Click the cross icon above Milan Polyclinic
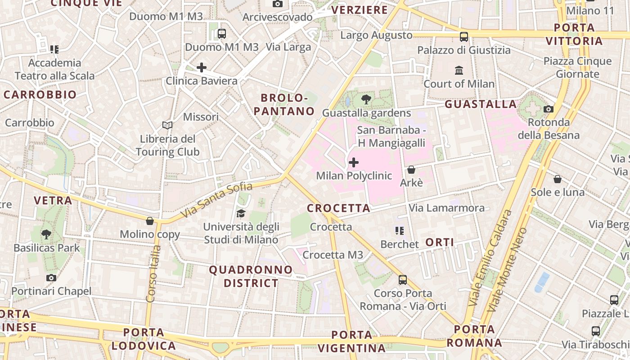(x=354, y=162)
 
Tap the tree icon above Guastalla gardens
(x=366, y=99)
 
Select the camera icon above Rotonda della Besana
(x=548, y=109)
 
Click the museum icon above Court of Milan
(x=459, y=70)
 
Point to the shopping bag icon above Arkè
(x=411, y=170)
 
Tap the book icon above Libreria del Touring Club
(x=167, y=125)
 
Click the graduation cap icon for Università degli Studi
(x=241, y=213)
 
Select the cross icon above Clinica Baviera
(x=202, y=67)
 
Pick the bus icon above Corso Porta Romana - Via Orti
(x=403, y=280)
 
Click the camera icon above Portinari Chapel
(x=51, y=278)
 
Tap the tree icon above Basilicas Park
(x=46, y=234)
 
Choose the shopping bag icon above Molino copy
(x=150, y=221)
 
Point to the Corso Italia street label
(x=153, y=273)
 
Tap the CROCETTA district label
(x=338, y=208)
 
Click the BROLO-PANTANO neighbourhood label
(x=284, y=104)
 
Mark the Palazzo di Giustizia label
(x=464, y=50)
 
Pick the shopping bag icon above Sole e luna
(x=558, y=179)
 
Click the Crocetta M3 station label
(x=333, y=255)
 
